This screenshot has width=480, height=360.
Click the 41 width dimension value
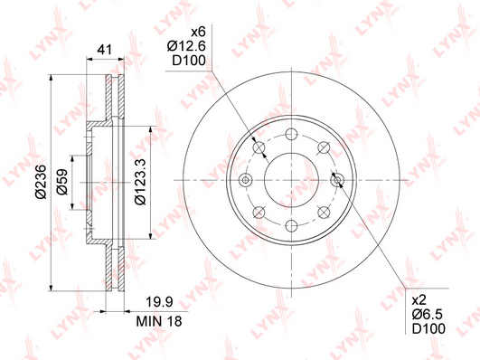click(x=104, y=50)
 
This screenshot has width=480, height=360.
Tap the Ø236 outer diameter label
click(x=41, y=182)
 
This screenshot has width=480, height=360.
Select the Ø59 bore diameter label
click(x=62, y=182)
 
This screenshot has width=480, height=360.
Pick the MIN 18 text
click(x=159, y=321)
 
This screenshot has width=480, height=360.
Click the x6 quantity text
click(x=198, y=32)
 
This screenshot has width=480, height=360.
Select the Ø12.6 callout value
click(x=186, y=46)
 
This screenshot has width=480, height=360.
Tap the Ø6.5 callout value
click(x=428, y=315)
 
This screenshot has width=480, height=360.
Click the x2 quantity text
click(x=419, y=300)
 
